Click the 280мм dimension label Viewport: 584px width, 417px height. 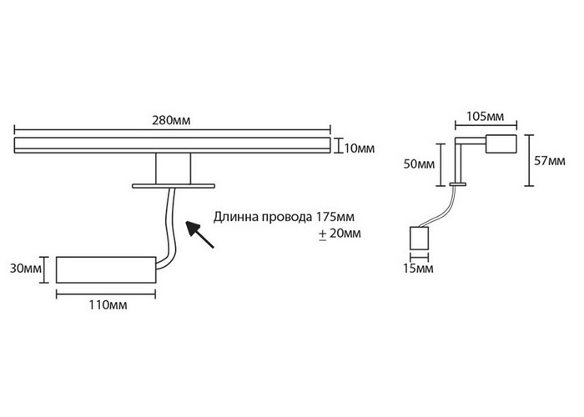click(x=174, y=120)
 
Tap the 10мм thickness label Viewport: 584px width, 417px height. click(x=359, y=148)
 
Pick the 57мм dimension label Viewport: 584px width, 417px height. click(x=547, y=158)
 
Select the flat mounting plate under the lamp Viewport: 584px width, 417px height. click(x=173, y=185)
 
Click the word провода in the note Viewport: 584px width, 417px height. click(x=285, y=215)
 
